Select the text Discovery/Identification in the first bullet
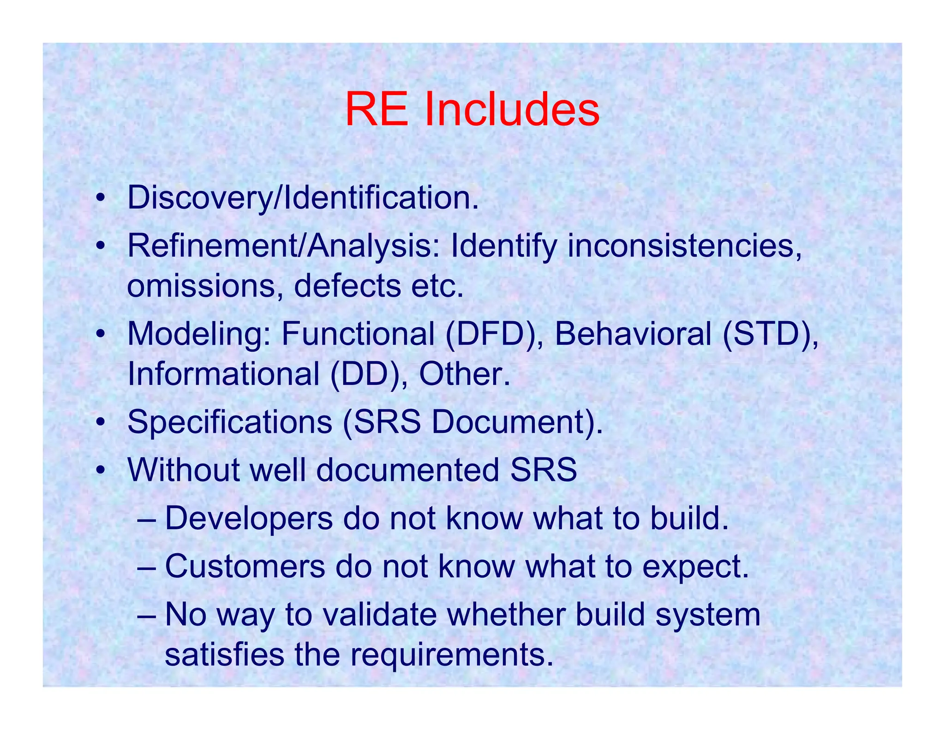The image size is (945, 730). [302, 197]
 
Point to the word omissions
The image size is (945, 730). [205, 286]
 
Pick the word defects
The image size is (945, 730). [347, 286]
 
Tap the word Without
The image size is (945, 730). [183, 470]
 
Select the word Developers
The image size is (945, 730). [249, 518]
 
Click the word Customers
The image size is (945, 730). [245, 566]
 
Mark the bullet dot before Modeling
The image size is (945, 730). [100, 335]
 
